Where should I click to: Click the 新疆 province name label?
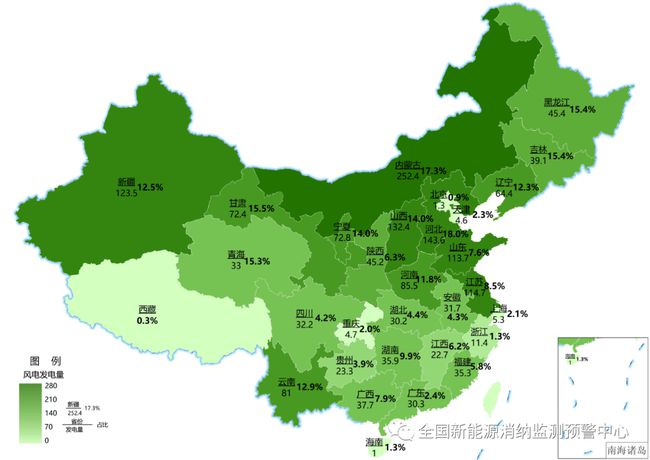(x=126, y=182)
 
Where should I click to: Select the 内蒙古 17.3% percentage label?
(x=433, y=171)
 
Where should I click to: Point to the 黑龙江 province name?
(x=557, y=102)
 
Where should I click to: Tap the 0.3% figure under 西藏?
(x=148, y=321)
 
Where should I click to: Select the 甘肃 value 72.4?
(x=238, y=214)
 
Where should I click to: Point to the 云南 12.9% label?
(x=311, y=386)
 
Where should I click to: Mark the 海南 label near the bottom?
(x=373, y=441)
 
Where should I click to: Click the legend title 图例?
(x=45, y=359)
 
